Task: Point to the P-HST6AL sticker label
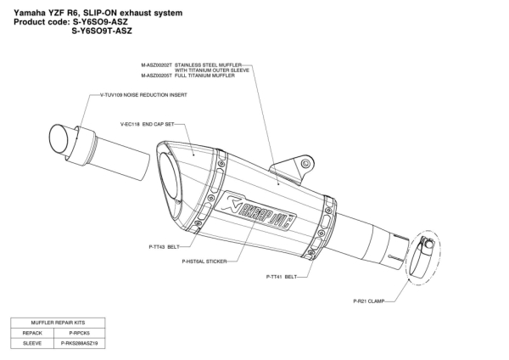[204, 262]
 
